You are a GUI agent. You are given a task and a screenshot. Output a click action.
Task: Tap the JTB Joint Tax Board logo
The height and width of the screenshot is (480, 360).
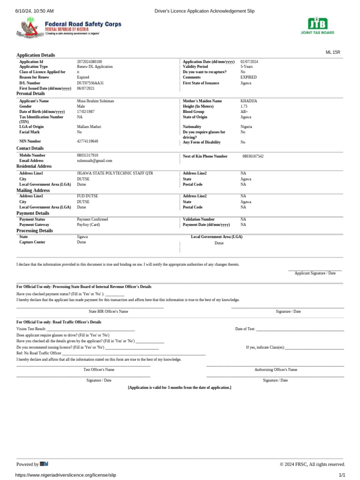[317, 25]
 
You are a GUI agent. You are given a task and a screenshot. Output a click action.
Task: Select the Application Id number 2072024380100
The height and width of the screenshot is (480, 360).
[90, 62]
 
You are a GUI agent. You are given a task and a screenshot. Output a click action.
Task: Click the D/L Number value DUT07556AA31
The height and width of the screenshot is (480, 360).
[90, 83]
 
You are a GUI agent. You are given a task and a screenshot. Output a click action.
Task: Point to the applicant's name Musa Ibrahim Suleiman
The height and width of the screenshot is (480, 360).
[96, 101]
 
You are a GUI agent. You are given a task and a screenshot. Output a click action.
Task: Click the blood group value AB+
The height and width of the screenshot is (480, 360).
[245, 112]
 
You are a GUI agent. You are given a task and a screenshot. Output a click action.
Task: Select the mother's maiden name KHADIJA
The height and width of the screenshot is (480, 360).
[249, 101]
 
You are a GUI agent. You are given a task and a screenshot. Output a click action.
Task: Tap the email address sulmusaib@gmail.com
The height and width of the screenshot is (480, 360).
[95, 161]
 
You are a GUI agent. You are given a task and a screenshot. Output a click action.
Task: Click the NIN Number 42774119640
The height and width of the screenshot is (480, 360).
[88, 141]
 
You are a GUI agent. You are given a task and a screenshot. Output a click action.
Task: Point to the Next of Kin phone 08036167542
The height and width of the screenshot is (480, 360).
[253, 157]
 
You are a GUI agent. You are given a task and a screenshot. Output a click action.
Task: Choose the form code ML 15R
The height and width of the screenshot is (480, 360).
[333, 52]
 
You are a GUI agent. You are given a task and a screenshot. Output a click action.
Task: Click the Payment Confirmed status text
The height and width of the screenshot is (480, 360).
[92, 219]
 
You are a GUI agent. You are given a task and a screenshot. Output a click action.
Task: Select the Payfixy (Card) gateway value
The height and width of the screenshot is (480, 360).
[89, 225]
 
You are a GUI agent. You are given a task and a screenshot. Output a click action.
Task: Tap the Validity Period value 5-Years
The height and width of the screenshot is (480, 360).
[247, 67]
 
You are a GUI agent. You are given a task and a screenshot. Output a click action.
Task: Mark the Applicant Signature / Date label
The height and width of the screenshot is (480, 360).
[315, 273]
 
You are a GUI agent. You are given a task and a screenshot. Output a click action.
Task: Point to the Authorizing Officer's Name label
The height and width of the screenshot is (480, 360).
[276, 370]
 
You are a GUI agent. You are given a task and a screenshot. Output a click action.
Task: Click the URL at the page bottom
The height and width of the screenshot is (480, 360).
[66, 475]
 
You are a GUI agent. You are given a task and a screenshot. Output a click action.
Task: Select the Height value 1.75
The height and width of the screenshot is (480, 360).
[244, 106]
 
